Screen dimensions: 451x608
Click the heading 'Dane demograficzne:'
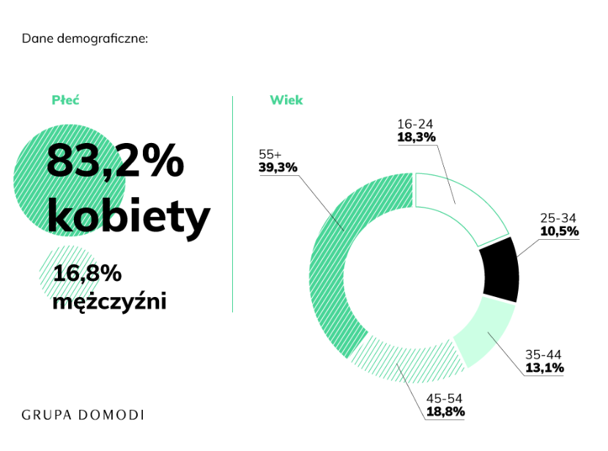pyautogui.click(x=85, y=37)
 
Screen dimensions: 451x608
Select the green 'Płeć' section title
pyautogui.click(x=65, y=100)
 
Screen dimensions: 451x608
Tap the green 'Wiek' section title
pyautogui.click(x=286, y=100)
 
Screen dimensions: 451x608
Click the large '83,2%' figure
pyautogui.click(x=115, y=161)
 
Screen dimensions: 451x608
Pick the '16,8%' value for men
pyautogui.click(x=86, y=274)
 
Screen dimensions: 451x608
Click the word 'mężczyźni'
pyautogui.click(x=109, y=300)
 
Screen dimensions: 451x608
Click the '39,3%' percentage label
pyautogui.click(x=278, y=167)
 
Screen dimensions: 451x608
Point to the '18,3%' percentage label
pyautogui.click(x=417, y=136)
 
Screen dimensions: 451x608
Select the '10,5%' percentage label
pyautogui.click(x=560, y=231)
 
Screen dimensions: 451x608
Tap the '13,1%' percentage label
pyautogui.click(x=544, y=367)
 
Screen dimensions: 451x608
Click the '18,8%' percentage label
pyautogui.click(x=445, y=411)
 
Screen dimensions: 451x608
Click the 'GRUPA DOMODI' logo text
pyautogui.click(x=83, y=415)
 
